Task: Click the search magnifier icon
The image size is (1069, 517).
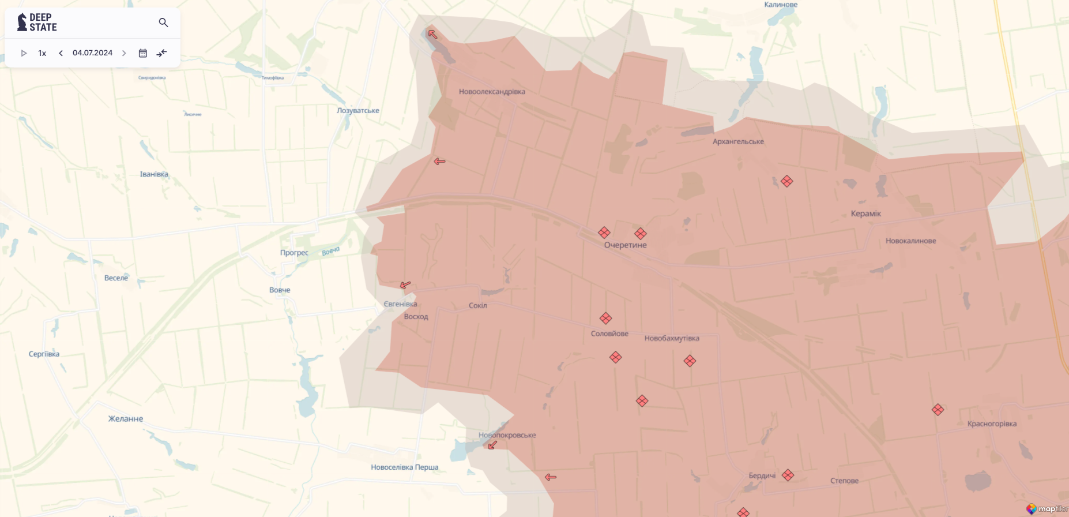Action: pos(163,23)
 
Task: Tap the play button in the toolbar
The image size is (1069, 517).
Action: pos(24,53)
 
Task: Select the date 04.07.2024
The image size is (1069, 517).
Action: pos(92,53)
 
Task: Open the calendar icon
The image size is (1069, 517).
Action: pos(143,53)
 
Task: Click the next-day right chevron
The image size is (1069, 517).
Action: pos(124,53)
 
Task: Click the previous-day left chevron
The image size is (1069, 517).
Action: pos(61,53)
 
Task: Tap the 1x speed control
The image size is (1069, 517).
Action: pos(42,53)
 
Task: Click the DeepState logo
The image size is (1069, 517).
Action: pos(37,23)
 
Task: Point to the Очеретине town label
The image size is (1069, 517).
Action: pos(625,245)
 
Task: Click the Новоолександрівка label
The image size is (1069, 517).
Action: pos(492,92)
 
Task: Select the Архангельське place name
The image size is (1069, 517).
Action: pos(738,141)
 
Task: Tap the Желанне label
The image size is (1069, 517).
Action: pos(126,419)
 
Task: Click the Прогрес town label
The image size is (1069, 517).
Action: pos(294,253)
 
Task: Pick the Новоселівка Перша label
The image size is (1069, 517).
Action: pos(404,467)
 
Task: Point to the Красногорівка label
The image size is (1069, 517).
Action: pos(992,424)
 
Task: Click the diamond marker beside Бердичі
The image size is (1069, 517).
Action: pos(788,475)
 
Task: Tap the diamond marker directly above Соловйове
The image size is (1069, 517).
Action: pos(605,319)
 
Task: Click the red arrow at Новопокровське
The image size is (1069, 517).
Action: pos(492,445)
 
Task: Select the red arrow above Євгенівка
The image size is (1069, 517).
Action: pos(405,285)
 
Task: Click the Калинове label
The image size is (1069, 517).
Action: pos(781,5)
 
